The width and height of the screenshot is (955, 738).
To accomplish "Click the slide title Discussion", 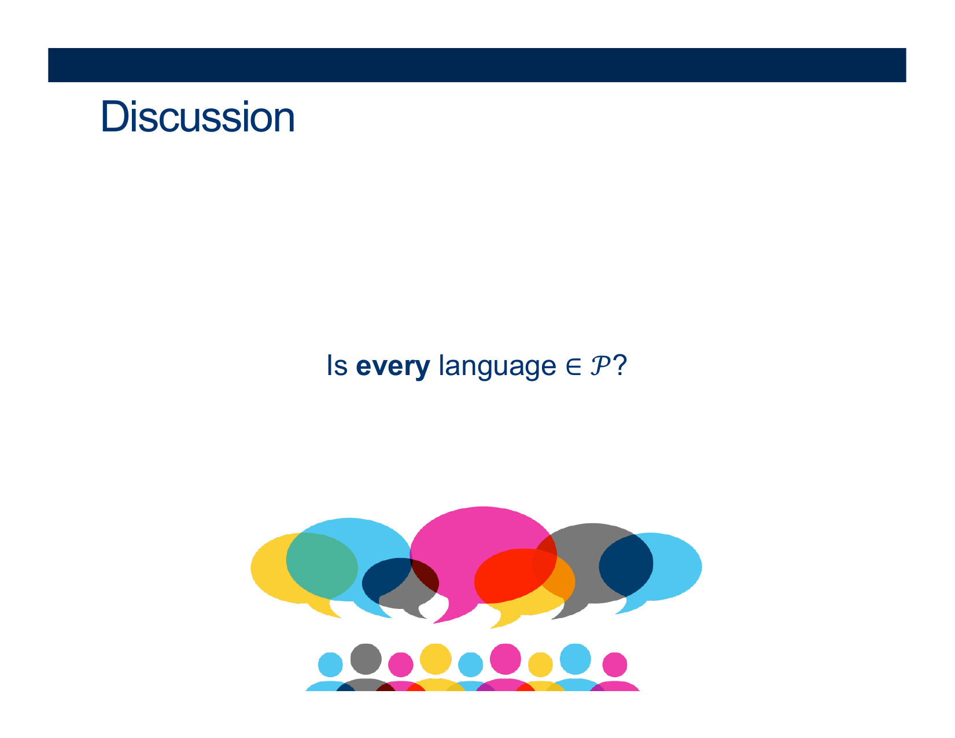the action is point(197,116).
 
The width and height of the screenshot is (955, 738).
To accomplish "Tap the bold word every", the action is point(392,366).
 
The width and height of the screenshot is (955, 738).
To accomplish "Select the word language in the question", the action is point(497,366).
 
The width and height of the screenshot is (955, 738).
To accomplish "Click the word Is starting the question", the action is point(337,365).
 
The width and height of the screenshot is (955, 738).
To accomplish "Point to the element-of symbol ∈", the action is point(574,366).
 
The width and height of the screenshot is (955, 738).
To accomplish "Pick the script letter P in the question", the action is point(600,365).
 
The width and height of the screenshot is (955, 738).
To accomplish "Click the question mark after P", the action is point(620,365).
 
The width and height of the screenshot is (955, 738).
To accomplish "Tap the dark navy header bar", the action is point(477,65).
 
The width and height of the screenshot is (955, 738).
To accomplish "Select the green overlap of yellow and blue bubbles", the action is point(322,566).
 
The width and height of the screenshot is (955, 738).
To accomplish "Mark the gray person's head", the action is point(366,659).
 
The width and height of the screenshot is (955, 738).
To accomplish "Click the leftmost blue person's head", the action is point(330,664).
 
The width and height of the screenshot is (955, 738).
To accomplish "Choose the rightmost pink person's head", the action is point(614,664).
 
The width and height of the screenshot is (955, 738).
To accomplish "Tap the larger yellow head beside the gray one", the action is point(436,659).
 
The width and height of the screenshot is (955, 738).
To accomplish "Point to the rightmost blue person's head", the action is point(576,659).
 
